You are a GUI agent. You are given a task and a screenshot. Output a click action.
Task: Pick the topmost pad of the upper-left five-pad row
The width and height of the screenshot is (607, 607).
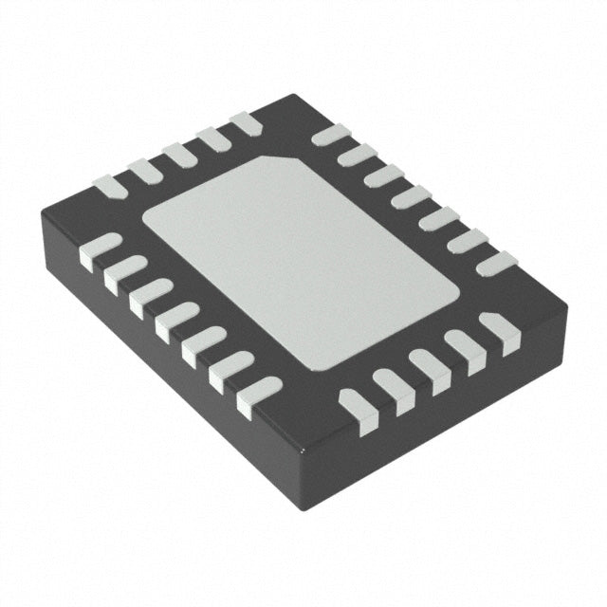[246, 121]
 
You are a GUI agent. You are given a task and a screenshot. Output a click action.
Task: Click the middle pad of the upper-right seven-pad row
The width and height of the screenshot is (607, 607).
[411, 197]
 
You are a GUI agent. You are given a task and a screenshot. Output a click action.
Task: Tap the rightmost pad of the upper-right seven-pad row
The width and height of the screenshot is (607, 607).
[496, 263]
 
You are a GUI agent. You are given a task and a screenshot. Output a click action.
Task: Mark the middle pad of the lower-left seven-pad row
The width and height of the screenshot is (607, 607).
[177, 322]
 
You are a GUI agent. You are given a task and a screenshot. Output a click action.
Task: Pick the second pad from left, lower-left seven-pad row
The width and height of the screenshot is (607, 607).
[124, 273]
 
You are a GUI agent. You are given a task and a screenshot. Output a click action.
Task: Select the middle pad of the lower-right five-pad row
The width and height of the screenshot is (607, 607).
[428, 371]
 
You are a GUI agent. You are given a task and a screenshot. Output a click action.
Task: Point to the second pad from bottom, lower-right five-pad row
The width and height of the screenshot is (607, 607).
[392, 392]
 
